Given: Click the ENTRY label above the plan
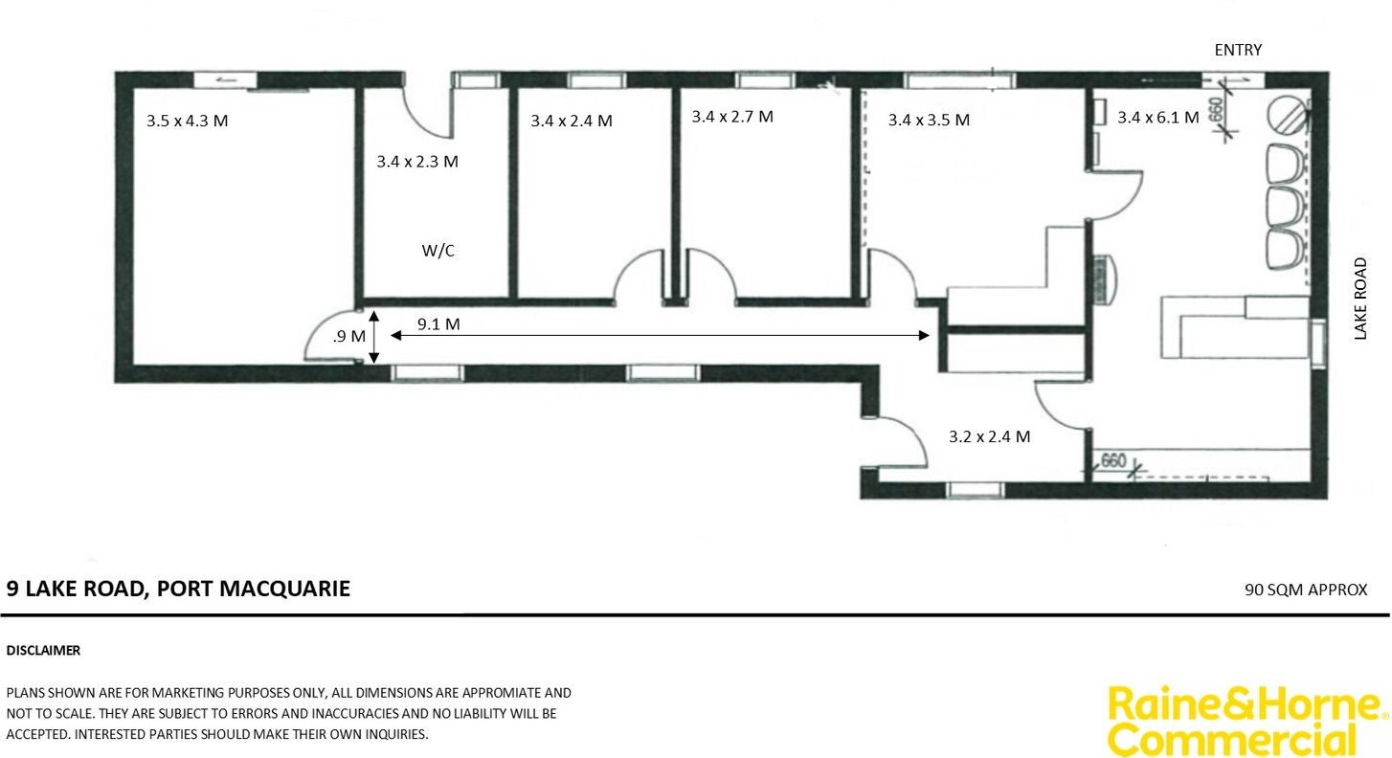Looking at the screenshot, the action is coord(1238,50).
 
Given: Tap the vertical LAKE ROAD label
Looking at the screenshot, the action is coord(1360,299).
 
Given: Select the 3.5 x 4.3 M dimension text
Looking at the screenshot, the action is coord(187,121).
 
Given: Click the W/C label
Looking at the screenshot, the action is coord(438,251).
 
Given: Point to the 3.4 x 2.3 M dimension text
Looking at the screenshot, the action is coord(417,162).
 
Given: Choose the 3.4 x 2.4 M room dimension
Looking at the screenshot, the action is coord(572,121).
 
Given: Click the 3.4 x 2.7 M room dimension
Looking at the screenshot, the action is coord(732,116).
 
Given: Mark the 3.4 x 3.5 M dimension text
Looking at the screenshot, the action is coord(929,120).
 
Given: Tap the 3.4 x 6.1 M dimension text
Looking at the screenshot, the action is coord(1158,117).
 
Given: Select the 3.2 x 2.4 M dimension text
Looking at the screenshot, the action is coord(989,436).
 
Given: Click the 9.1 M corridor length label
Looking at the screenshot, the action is coord(438,323).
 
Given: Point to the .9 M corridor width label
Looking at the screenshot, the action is coord(349,336).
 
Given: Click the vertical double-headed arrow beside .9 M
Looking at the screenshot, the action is coord(373,337).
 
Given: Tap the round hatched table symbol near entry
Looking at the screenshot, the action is coord(1288,115).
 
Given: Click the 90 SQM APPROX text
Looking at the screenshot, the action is coord(1306,590).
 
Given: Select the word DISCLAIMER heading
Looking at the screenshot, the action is coord(43,651).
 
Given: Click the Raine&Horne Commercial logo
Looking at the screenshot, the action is coord(1246,721).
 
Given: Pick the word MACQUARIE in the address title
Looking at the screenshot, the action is coord(285,589).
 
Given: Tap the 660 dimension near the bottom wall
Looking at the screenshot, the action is coord(1113,460).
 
